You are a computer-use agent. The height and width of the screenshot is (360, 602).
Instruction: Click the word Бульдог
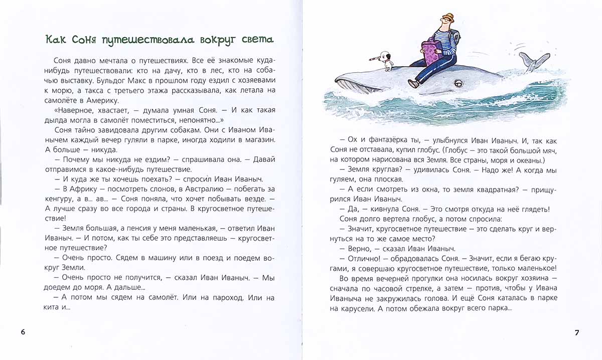(139, 80)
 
